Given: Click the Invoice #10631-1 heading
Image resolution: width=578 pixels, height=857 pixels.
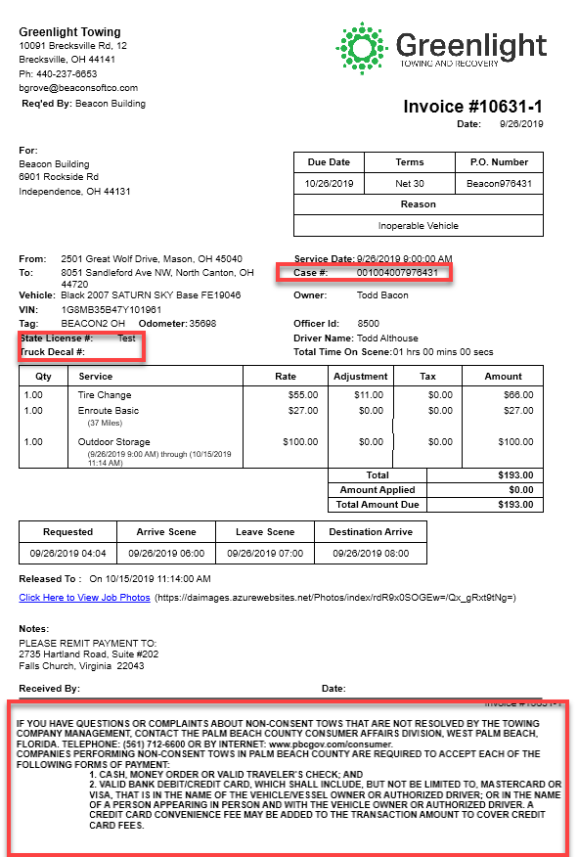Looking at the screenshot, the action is point(472,107).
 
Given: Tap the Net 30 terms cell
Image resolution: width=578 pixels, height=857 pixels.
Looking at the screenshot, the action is point(410,183).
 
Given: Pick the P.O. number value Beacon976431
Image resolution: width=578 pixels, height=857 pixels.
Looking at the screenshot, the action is point(499,183).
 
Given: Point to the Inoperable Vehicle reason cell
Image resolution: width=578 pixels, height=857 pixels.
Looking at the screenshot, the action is point(418,226).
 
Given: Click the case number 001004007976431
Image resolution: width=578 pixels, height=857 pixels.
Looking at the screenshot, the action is point(397,272).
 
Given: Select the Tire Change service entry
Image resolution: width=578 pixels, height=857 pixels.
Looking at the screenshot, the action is point(105,395).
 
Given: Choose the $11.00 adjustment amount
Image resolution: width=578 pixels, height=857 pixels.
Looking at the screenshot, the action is point(371,395).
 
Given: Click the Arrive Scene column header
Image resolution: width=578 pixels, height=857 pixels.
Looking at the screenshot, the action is point(166,532).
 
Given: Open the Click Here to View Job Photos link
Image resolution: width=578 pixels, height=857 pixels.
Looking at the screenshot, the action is point(84,598).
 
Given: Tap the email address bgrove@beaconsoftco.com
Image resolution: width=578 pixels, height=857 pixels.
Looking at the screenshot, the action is point(78,88).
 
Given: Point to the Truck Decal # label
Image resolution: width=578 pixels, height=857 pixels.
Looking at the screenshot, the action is point(52,351).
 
